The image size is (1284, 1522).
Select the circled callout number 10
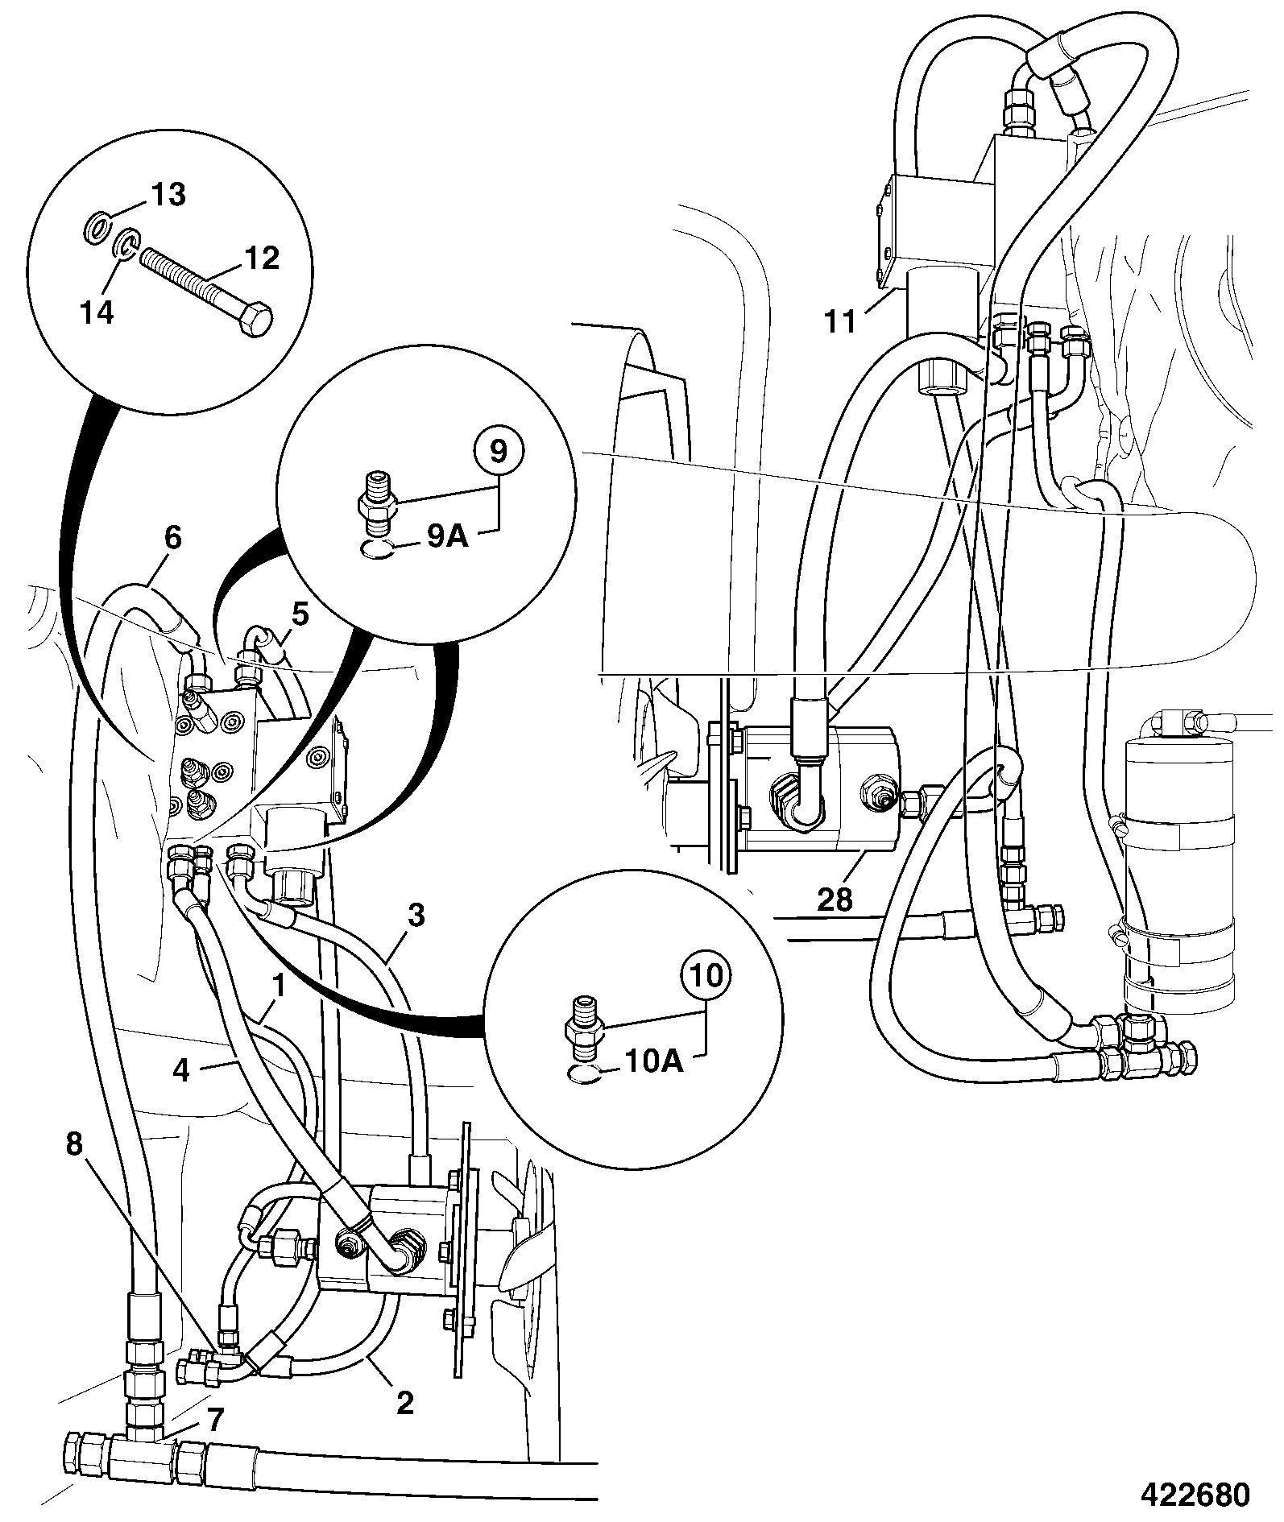coord(706,976)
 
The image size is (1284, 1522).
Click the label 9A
coord(447,535)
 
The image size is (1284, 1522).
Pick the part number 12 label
coord(260,258)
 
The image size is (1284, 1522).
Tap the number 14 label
coord(97,311)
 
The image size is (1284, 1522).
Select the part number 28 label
coord(835,900)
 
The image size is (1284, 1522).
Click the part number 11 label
coord(840,321)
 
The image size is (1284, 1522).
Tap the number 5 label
coord(299,615)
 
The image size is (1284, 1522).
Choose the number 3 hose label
coord(416,916)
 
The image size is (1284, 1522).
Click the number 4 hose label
coord(181,1070)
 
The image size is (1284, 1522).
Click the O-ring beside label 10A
coord(582,1076)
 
